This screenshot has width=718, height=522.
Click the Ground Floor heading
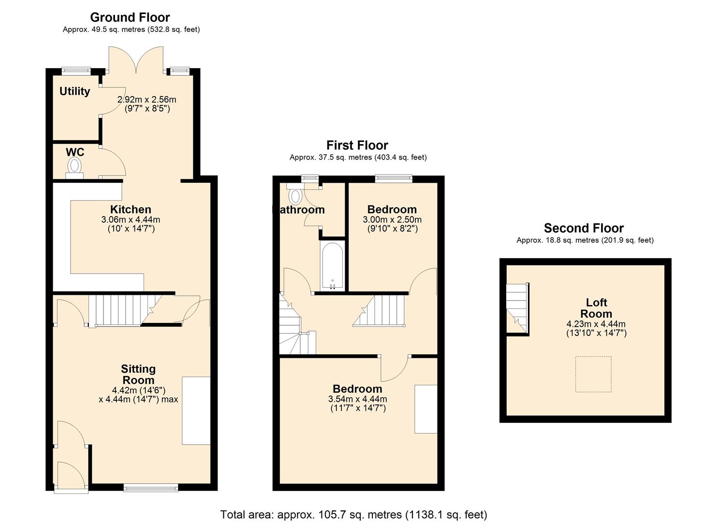[130, 17]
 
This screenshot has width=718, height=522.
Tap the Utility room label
[74, 91]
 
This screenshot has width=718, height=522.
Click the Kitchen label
[131, 209]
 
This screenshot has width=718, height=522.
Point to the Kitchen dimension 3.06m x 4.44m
[131, 219]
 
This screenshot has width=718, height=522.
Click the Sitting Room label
[138, 375]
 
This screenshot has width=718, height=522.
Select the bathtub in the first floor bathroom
[332, 265]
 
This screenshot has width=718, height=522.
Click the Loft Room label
[596, 308]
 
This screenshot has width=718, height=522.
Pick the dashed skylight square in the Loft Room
[593, 374]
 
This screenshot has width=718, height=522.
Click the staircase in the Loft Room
[516, 308]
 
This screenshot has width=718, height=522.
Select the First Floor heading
[357, 145]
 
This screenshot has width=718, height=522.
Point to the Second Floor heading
[584, 228]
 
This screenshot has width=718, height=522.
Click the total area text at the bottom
[353, 514]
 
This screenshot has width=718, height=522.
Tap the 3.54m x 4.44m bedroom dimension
[357, 399]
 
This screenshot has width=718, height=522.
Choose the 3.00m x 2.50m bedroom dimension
[392, 219]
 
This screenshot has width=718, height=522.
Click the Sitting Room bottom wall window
[151, 488]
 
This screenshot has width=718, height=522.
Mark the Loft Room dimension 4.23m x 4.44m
[596, 324]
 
